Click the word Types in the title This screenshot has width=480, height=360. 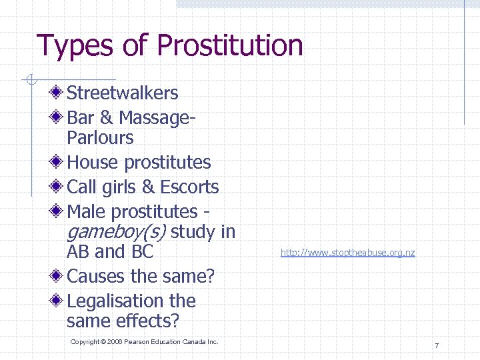point(75,46)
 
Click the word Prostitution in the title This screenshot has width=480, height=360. point(230,46)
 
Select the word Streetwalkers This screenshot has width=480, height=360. point(123,93)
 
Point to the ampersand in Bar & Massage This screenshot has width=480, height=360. point(106,118)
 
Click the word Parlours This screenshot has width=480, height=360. point(100,138)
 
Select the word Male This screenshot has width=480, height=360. point(87,212)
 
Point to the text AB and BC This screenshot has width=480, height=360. point(110,252)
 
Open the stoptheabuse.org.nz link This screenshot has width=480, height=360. point(347,253)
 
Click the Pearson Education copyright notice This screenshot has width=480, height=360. point(144,342)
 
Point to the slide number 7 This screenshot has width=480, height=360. point(436,345)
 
